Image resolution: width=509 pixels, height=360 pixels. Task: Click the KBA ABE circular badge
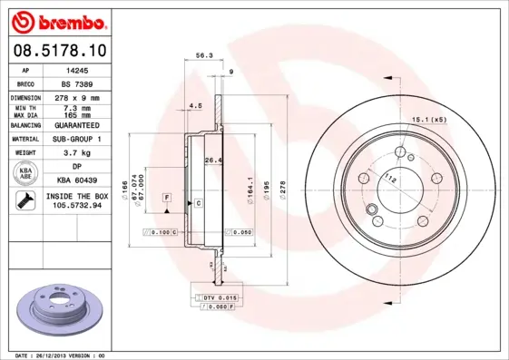point(26,173)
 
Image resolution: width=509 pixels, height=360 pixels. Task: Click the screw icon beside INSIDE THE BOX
point(26,201)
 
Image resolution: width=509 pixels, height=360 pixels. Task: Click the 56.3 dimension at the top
point(204,55)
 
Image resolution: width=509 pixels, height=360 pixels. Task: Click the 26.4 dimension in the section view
point(211,161)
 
